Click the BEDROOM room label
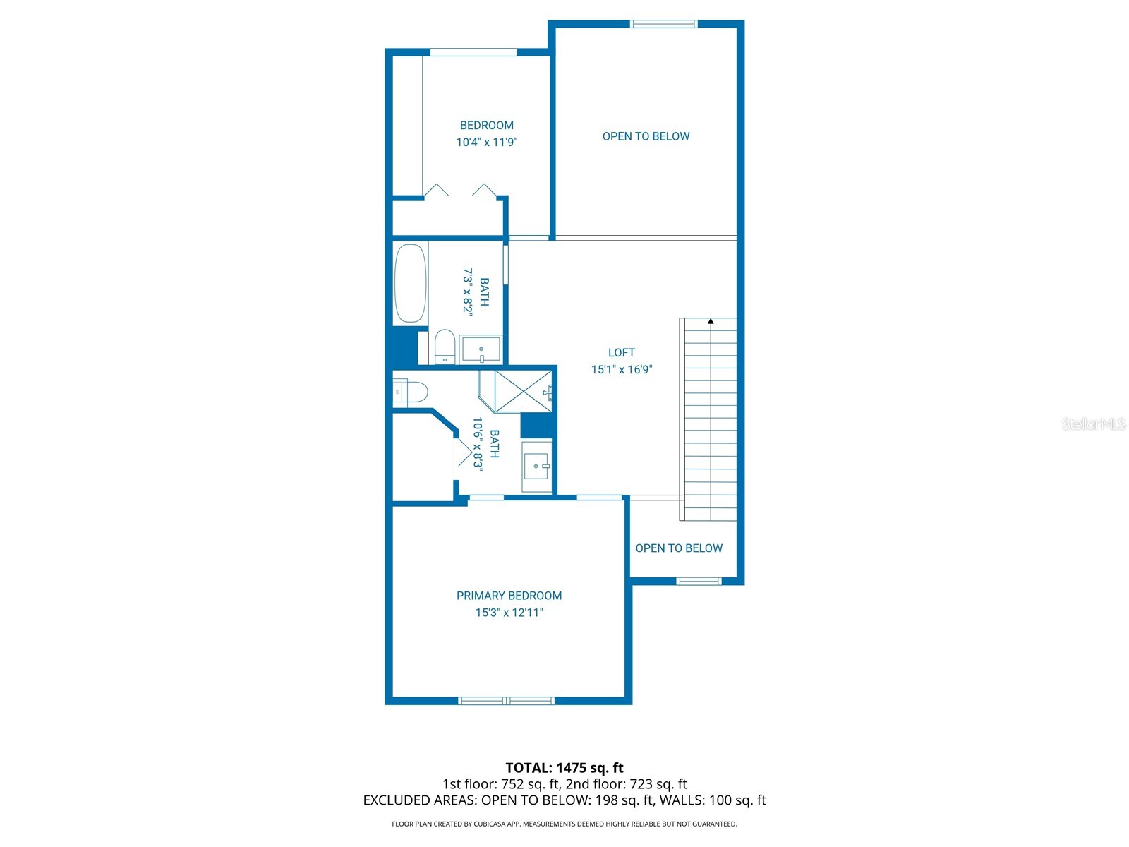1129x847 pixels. click(486, 126)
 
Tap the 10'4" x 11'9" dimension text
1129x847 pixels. click(486, 143)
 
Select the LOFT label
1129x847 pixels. click(621, 352)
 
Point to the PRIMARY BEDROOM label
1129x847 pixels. click(509, 596)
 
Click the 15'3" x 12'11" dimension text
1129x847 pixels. click(509, 613)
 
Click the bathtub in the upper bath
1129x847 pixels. click(409, 283)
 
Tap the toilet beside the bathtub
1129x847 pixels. click(444, 346)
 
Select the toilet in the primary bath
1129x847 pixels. click(411, 392)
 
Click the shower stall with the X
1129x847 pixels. click(522, 390)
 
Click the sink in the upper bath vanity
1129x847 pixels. click(481, 349)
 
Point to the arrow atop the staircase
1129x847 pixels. click(711, 321)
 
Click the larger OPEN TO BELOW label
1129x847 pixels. click(646, 136)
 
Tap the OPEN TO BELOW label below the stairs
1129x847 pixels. click(679, 548)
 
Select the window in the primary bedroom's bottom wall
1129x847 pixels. click(506, 701)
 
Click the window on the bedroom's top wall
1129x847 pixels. click(473, 52)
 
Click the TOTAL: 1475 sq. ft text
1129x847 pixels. click(564, 767)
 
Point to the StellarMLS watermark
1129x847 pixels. click(1093, 423)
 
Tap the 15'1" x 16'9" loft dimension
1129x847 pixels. click(621, 369)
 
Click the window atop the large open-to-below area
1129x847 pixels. click(663, 24)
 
